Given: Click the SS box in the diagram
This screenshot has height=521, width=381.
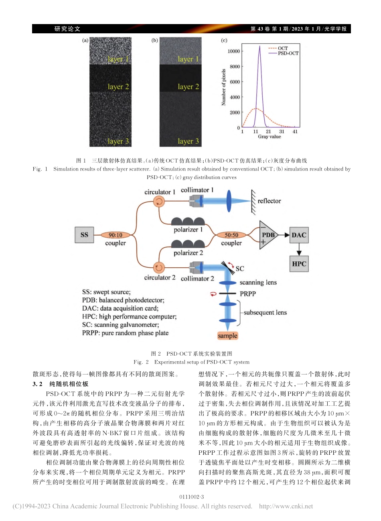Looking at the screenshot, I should (84, 235).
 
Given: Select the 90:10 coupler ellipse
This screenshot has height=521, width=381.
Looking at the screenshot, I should (116, 235).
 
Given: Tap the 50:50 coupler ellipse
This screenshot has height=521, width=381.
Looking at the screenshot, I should (231, 235).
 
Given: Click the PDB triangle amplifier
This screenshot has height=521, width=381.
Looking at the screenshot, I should (268, 235).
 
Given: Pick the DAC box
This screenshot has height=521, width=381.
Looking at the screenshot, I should (299, 235).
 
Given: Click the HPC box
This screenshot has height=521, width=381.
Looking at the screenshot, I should (299, 264).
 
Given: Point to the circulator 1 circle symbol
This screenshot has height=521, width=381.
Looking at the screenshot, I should (159, 201).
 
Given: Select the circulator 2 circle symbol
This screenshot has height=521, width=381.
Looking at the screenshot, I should (159, 267).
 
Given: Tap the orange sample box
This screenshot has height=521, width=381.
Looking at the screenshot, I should (227, 336).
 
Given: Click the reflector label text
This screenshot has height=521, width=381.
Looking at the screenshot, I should (269, 201).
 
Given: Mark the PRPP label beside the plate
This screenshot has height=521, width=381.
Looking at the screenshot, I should (248, 294).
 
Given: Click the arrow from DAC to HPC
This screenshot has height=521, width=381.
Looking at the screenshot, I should (299, 250).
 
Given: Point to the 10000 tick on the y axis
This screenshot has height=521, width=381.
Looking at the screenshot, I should (233, 51).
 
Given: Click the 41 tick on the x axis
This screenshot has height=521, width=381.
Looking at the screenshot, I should (295, 132).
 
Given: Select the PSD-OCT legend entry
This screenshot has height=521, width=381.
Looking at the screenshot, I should (288, 53).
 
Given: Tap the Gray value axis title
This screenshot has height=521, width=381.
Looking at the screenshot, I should (270, 137).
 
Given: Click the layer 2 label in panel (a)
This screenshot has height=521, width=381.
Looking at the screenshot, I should (118, 87).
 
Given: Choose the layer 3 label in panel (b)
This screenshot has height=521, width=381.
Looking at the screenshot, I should (188, 141).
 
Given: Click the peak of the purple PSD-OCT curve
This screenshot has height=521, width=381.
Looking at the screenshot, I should (259, 46).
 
